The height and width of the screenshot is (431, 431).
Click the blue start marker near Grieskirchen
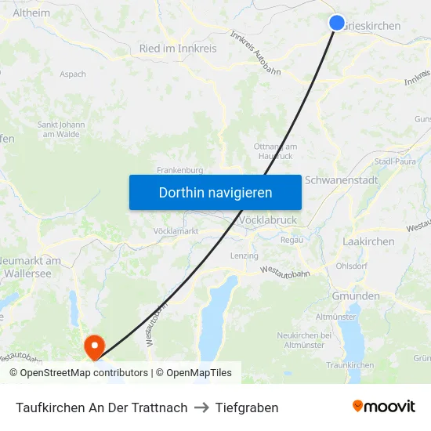tap(337, 23)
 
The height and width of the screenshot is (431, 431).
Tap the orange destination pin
tap(94, 345)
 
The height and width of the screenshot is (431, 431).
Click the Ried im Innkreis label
tap(178, 49)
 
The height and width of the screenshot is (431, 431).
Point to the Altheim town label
tap(31, 13)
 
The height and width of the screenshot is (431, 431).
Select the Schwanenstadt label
tap(341, 179)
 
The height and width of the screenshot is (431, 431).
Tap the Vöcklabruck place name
tap(267, 220)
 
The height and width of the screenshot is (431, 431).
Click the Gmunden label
tap(356, 296)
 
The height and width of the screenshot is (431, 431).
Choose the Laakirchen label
tap(368, 241)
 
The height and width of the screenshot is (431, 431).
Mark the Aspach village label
tap(73, 74)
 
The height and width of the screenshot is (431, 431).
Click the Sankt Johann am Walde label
tap(61, 129)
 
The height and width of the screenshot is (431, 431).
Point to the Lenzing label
tap(244, 256)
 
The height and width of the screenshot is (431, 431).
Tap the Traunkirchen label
tap(350, 365)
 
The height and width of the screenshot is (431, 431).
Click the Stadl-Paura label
tap(395, 161)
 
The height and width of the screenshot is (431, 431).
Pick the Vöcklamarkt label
tap(176, 231)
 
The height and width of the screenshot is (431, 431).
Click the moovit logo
tap(384, 407)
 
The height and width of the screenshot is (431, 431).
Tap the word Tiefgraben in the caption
tap(247, 407)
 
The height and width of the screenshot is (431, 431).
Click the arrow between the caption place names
tap(201, 407)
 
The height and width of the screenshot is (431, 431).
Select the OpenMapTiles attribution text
tap(198, 373)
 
